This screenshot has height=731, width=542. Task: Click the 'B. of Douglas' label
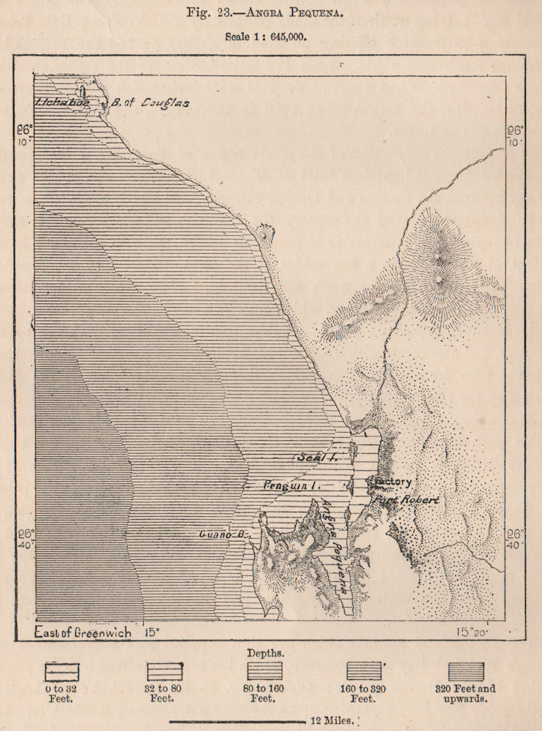click(150, 103)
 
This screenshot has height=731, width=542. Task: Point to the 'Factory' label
click(393, 482)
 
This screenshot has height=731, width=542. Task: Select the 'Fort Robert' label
click(407, 501)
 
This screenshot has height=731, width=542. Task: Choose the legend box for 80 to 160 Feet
click(264, 671)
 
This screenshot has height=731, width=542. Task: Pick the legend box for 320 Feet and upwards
click(465, 671)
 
